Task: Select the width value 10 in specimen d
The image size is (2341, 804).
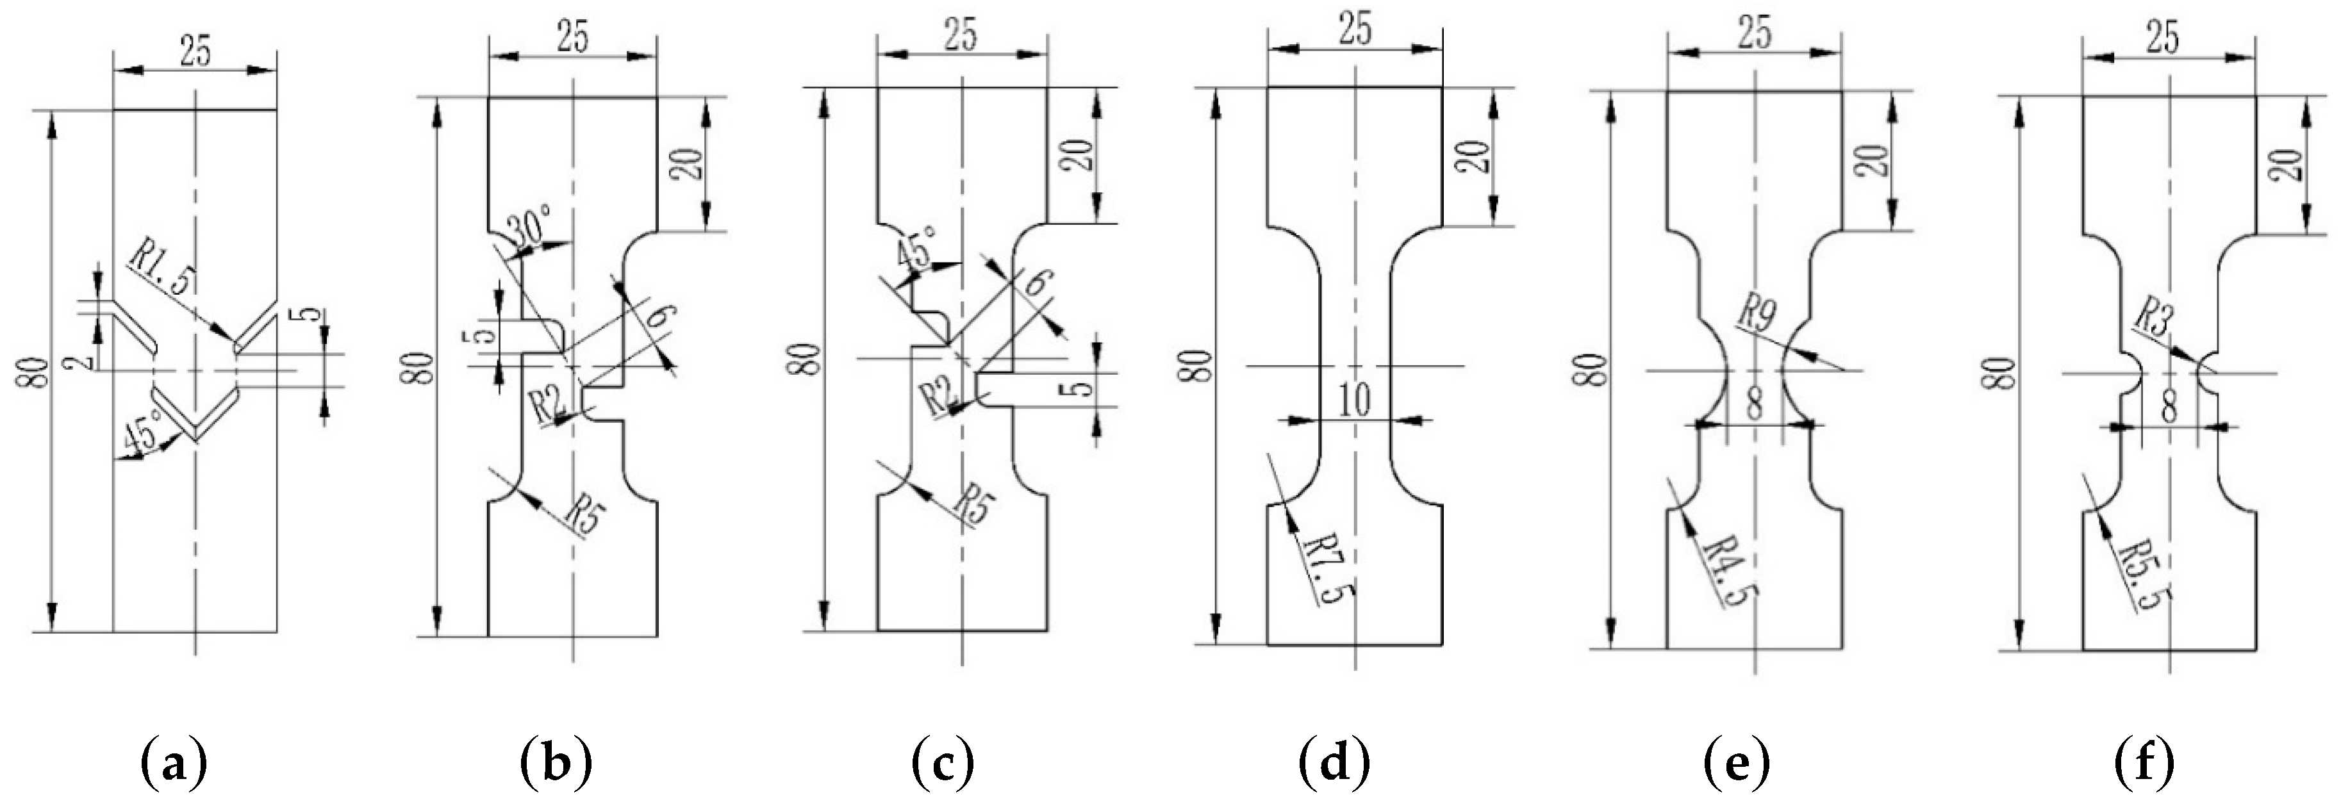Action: coord(1355,400)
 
